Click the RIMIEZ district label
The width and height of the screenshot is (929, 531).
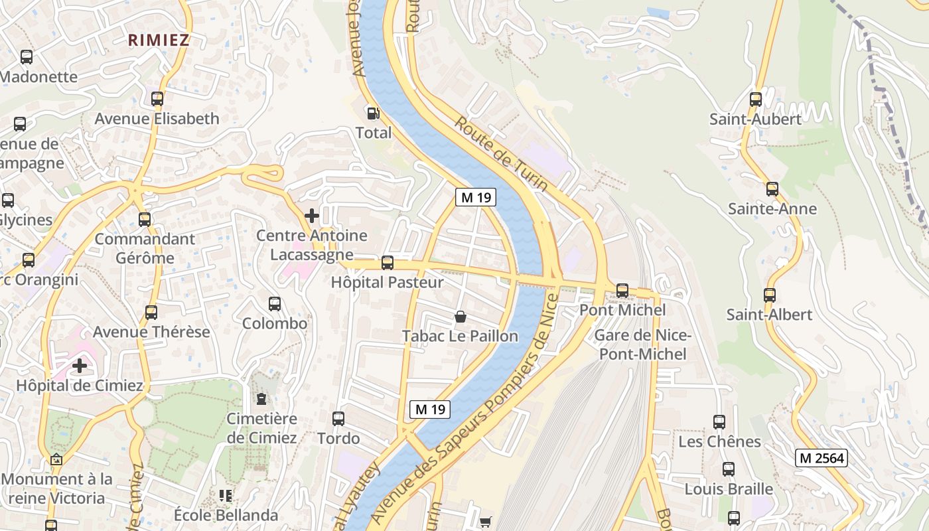pyautogui.click(x=159, y=40)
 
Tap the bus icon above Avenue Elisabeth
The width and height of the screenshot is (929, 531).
pyautogui.click(x=157, y=99)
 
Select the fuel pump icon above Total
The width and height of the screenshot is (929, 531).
pyautogui.click(x=373, y=114)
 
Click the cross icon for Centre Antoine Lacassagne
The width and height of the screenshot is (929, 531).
pyautogui.click(x=311, y=216)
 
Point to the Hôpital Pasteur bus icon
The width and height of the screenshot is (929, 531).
pyautogui.click(x=388, y=263)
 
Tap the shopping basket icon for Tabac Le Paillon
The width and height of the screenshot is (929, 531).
pyautogui.click(x=461, y=317)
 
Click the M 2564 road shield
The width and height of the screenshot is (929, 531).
pyautogui.click(x=822, y=458)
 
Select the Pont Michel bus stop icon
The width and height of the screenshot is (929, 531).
pyautogui.click(x=622, y=290)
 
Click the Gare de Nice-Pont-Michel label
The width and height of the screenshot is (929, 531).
pyautogui.click(x=642, y=344)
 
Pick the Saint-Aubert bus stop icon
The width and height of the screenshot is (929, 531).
pyautogui.click(x=756, y=100)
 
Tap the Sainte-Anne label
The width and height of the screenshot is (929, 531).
pyautogui.click(x=772, y=209)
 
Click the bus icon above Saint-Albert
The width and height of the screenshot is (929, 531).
pyautogui.click(x=770, y=295)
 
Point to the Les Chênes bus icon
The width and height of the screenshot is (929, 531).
pyautogui.click(x=719, y=421)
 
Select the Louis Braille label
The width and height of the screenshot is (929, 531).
pyautogui.click(x=729, y=489)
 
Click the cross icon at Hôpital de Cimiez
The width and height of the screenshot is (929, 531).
pyautogui.click(x=80, y=366)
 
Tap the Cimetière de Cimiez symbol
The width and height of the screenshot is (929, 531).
pyautogui.click(x=261, y=399)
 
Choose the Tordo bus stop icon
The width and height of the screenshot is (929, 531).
pyautogui.click(x=338, y=419)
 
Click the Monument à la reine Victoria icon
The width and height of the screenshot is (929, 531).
pyautogui.click(x=56, y=459)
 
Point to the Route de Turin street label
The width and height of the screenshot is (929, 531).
pyautogui.click(x=501, y=154)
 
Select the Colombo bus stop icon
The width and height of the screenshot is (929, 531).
pyautogui.click(x=275, y=304)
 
